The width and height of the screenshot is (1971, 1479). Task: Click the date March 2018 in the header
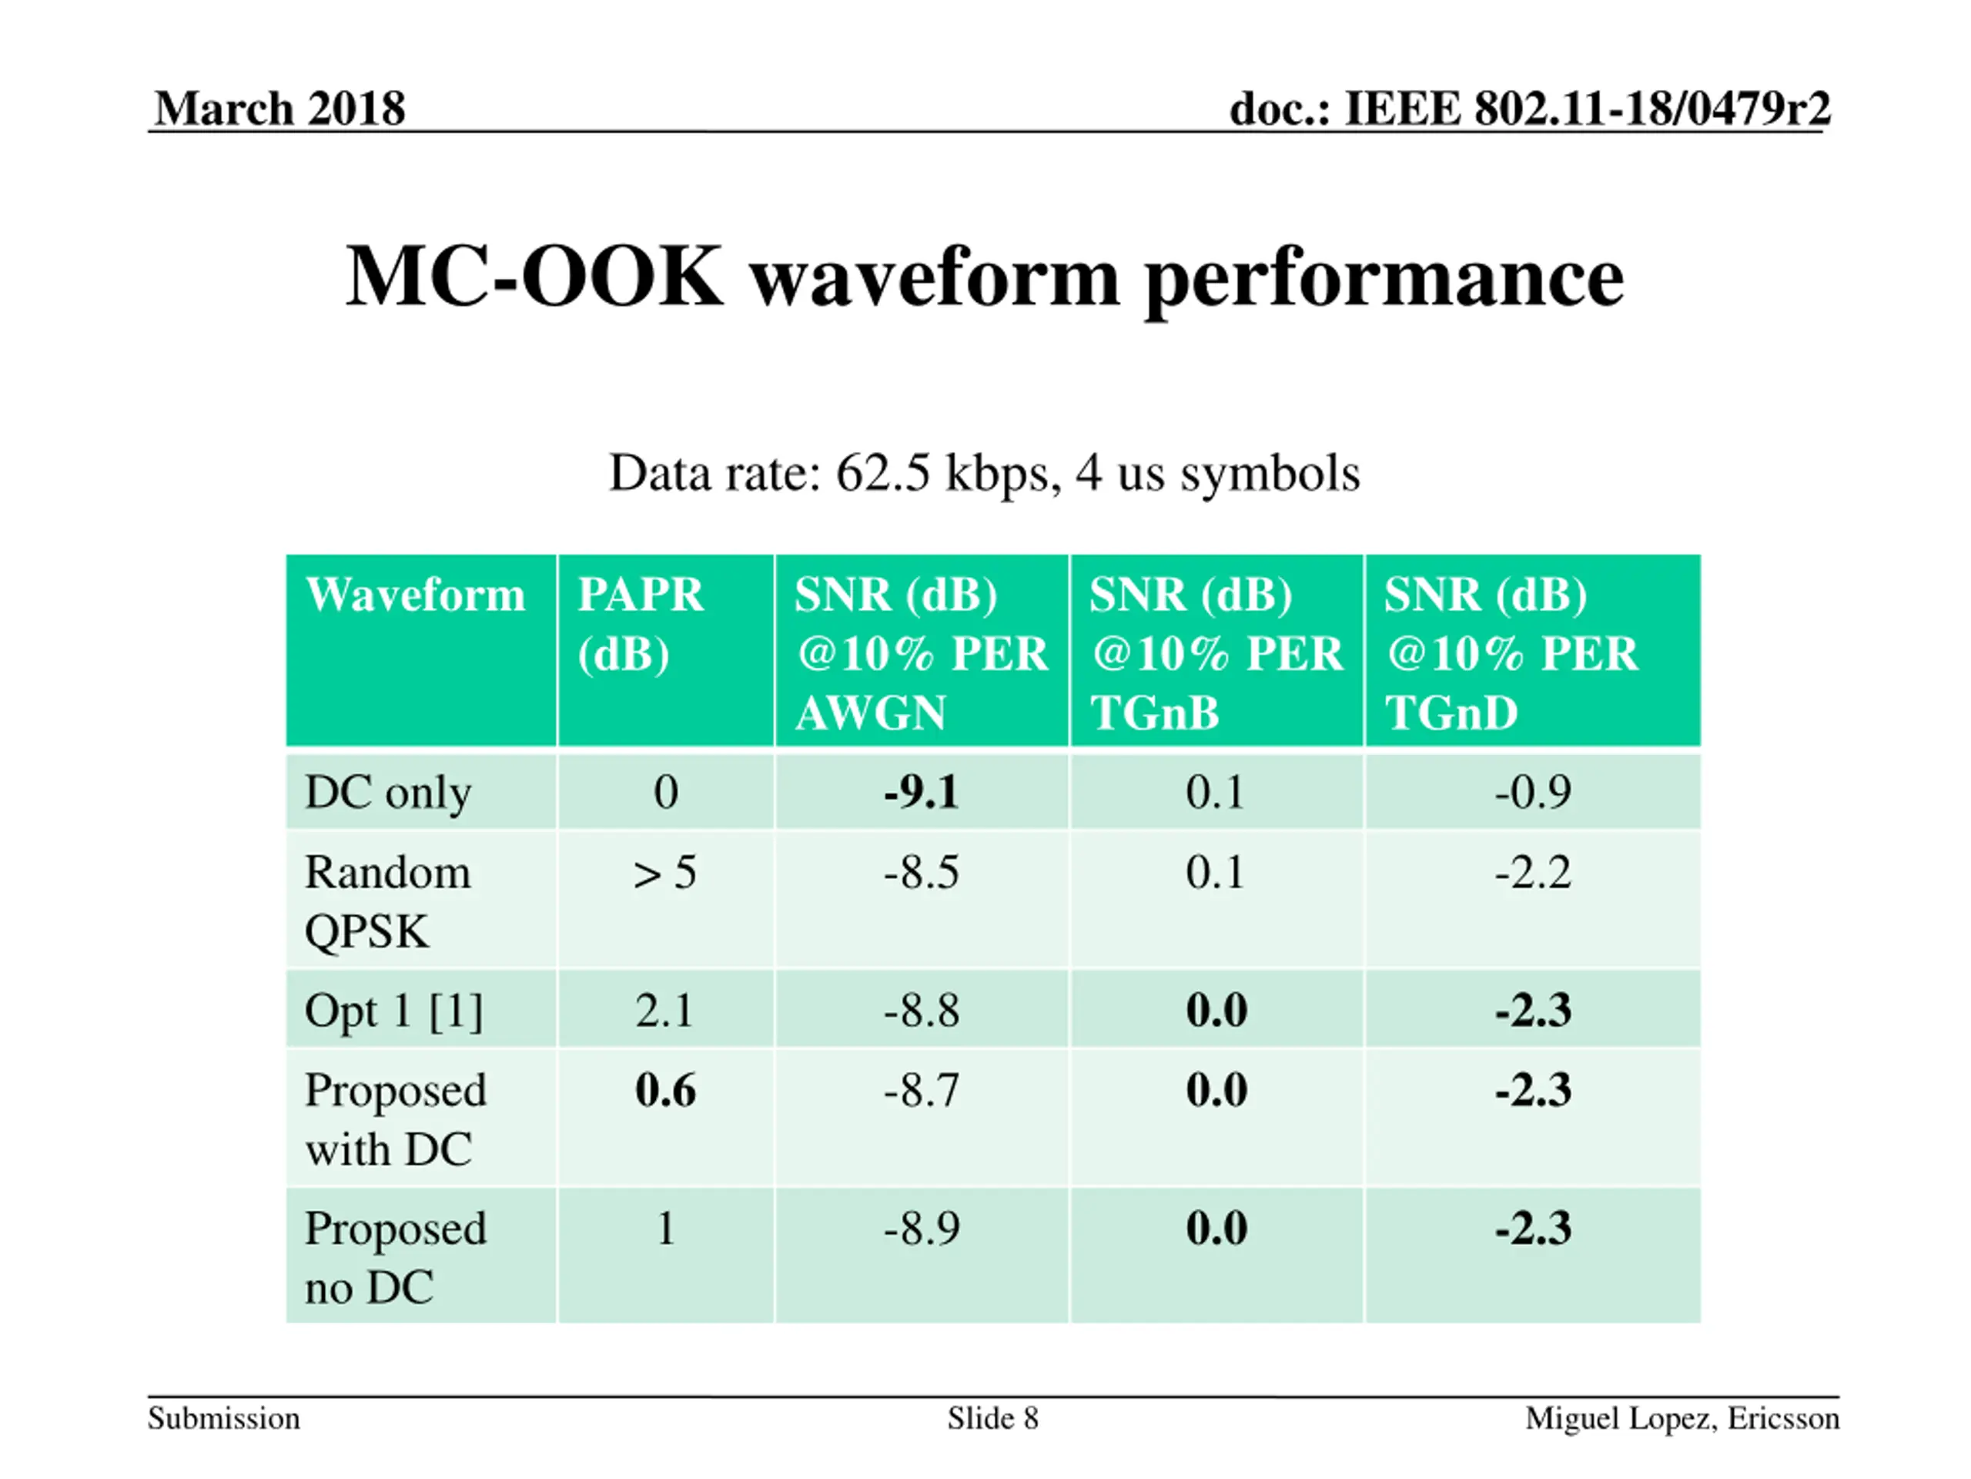(x=279, y=109)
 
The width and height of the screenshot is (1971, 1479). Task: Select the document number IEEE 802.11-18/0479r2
(x=1587, y=109)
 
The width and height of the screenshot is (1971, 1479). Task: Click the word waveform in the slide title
(x=934, y=277)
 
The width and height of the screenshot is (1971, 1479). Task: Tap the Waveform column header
(x=415, y=595)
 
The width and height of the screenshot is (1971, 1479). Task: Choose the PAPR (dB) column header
(x=641, y=623)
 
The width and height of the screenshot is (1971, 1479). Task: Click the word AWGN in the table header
(x=870, y=713)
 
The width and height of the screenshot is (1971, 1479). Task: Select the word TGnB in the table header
(x=1154, y=713)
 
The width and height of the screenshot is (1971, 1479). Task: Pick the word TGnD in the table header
(x=1451, y=713)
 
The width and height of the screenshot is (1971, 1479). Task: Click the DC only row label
(x=387, y=793)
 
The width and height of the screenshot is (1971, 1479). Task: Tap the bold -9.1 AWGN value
(x=922, y=792)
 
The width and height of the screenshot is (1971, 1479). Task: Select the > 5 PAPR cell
(x=664, y=873)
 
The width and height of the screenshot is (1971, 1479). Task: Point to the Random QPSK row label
(x=387, y=900)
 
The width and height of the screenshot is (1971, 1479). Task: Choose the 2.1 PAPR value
(x=664, y=1011)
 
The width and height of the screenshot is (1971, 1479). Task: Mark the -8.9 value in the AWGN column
(x=922, y=1229)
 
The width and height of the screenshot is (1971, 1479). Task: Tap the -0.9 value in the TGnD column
(x=1533, y=792)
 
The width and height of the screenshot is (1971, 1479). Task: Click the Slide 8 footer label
(x=992, y=1418)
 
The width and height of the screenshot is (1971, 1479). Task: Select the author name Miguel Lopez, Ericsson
(x=1682, y=1418)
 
